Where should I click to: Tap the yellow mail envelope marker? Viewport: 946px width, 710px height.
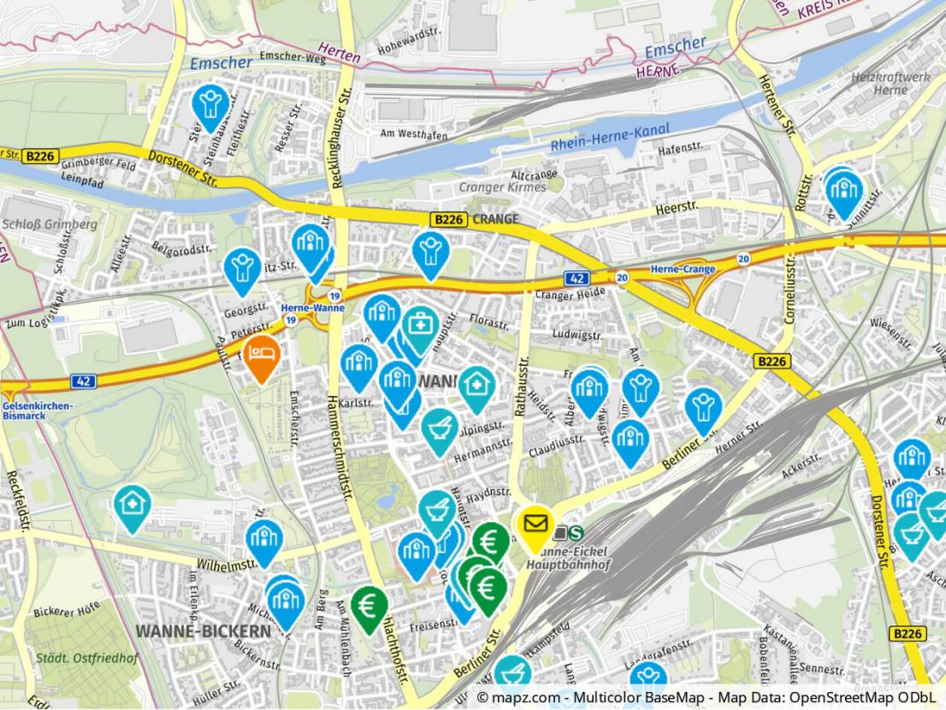(536, 522)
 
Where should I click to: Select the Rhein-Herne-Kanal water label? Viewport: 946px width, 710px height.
(610, 137)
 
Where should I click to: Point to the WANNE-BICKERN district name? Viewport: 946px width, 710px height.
(203, 631)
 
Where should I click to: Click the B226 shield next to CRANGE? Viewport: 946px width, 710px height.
(449, 220)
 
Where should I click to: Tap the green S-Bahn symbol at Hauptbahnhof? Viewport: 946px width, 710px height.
(576, 532)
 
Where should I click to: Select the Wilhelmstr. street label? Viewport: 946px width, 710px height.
(228, 565)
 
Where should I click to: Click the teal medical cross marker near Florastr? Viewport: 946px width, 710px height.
(420, 326)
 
